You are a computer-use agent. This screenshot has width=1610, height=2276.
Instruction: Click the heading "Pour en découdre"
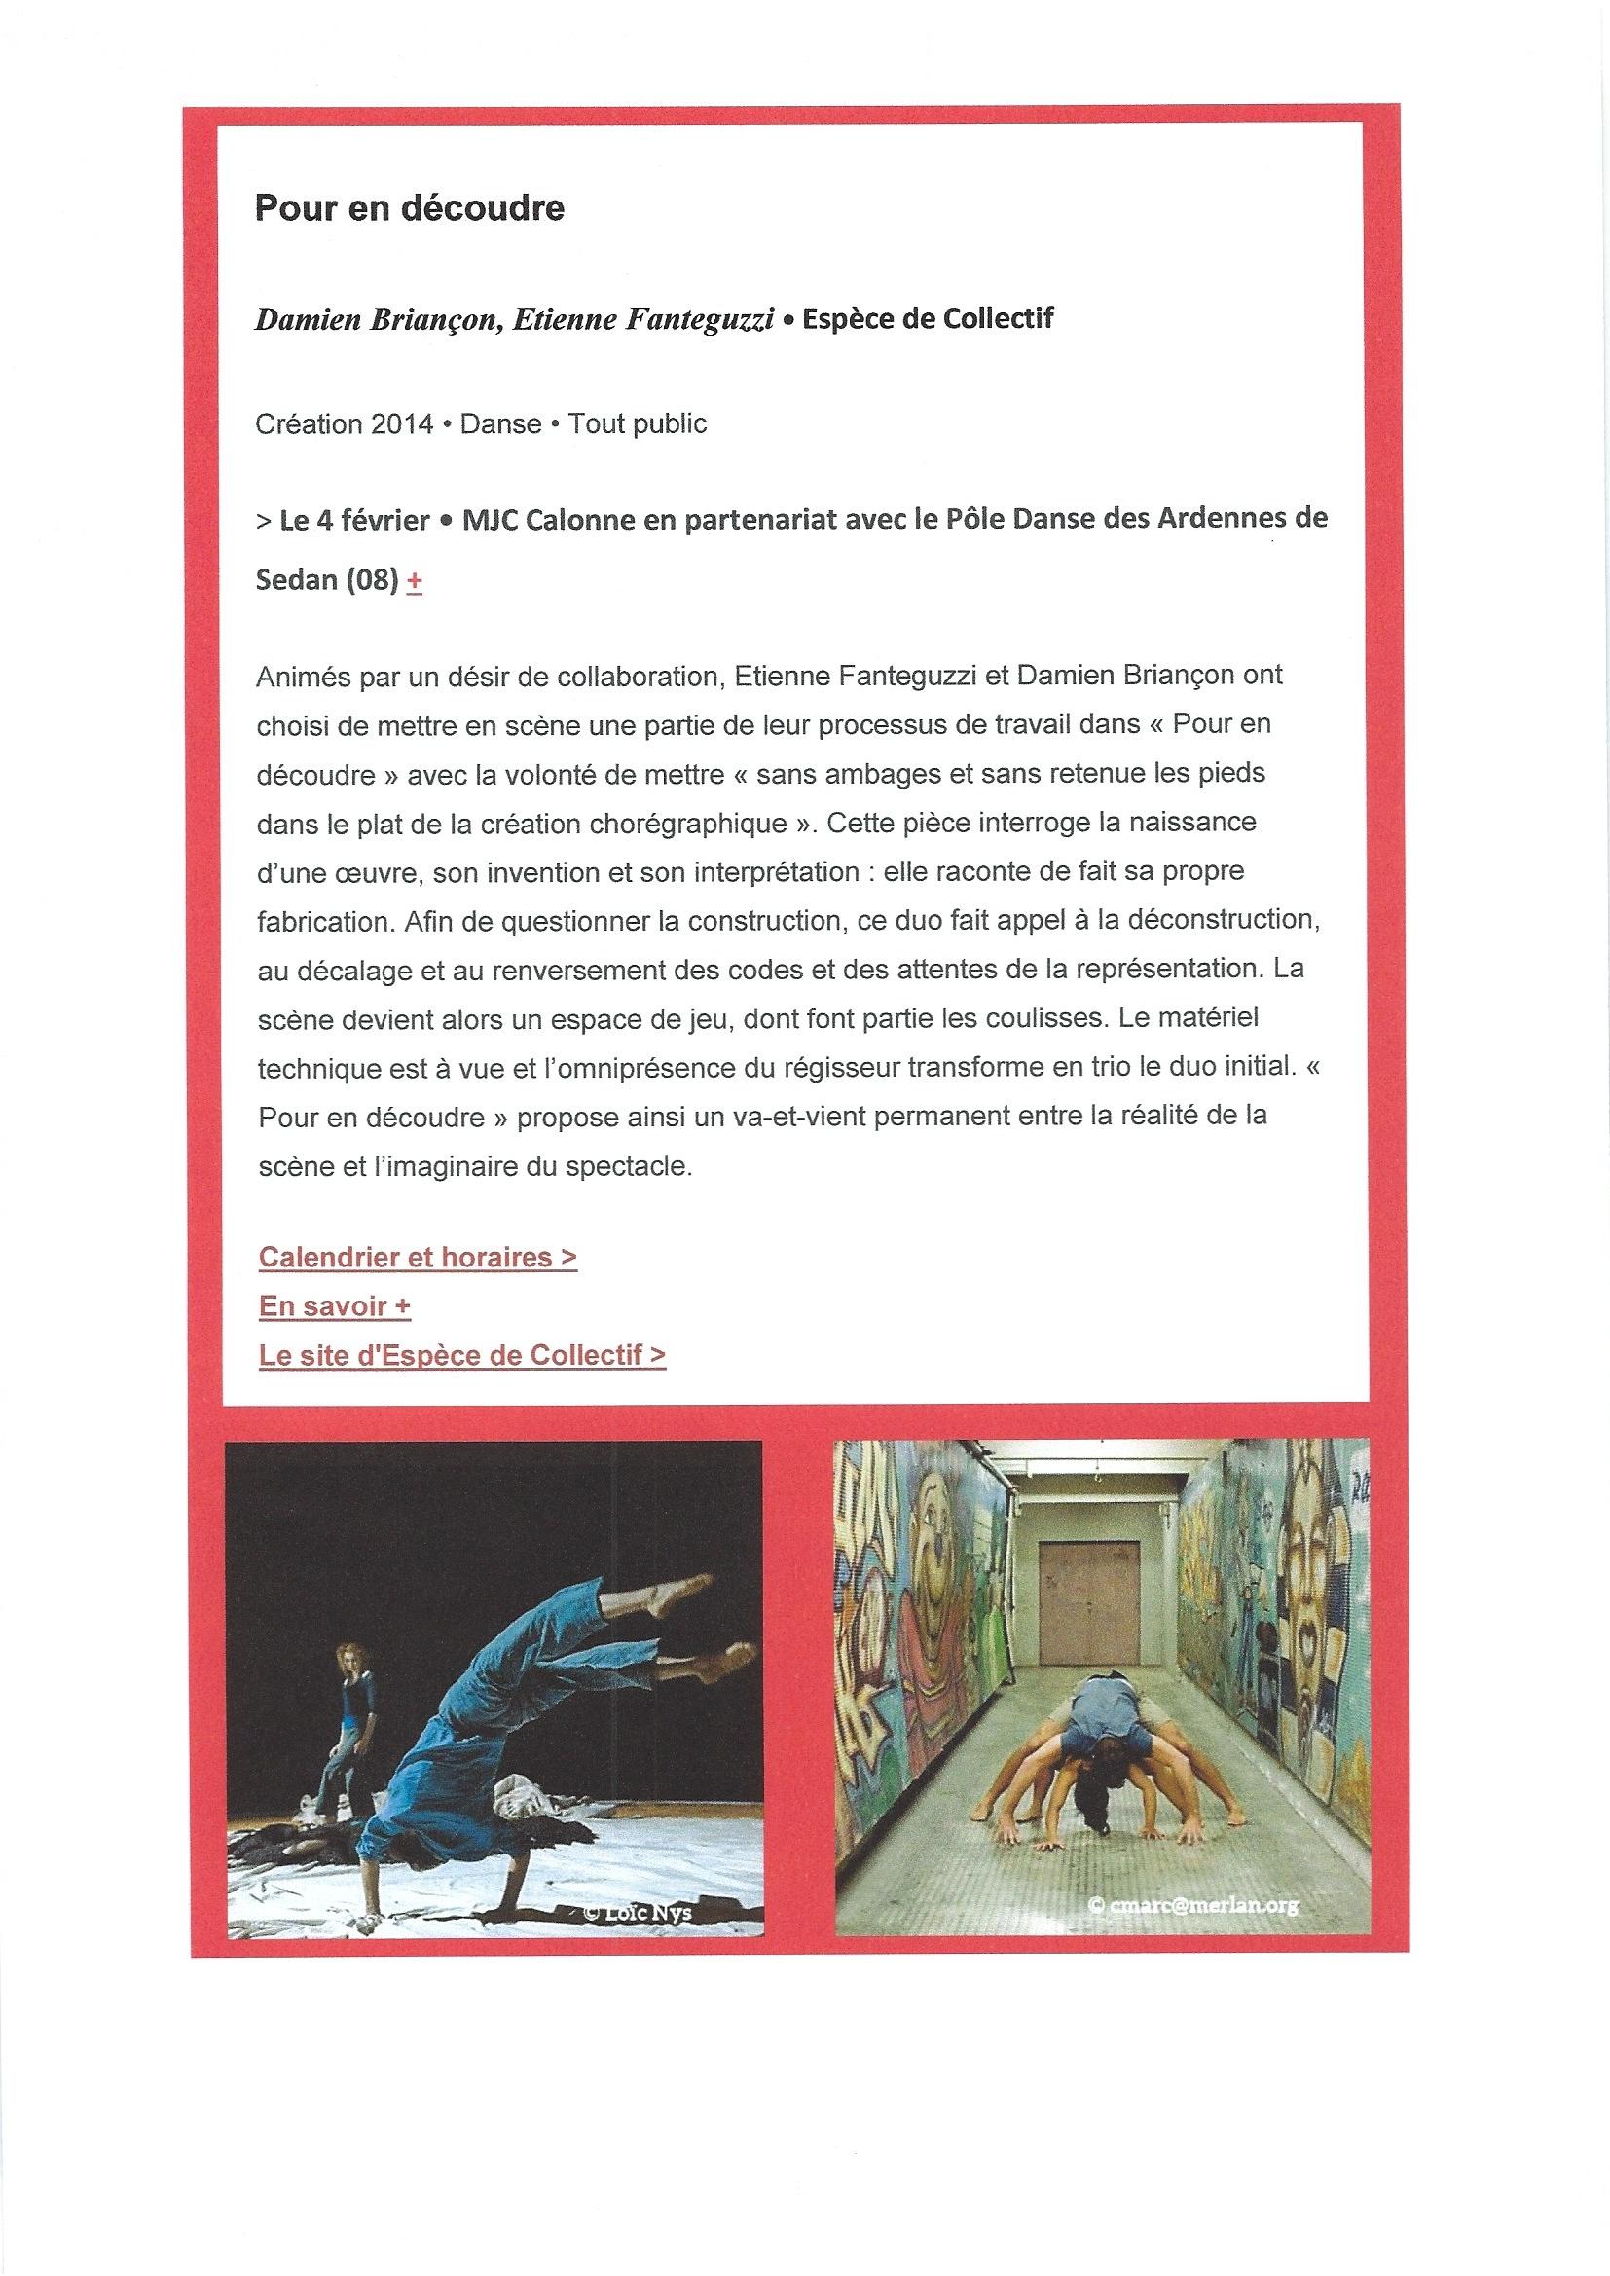pos(410,208)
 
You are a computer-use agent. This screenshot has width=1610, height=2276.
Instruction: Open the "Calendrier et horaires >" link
pos(418,1257)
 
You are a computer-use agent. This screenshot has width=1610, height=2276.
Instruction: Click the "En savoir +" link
pos(334,1306)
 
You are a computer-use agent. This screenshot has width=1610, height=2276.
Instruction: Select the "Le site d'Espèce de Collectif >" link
pos(462,1355)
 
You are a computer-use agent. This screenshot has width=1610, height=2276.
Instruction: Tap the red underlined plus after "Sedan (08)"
pos(415,582)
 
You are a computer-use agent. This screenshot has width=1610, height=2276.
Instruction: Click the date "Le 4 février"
pos(354,521)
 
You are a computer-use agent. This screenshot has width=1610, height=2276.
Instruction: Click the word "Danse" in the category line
pos(500,424)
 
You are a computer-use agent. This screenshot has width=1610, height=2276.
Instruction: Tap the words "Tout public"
pos(638,424)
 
